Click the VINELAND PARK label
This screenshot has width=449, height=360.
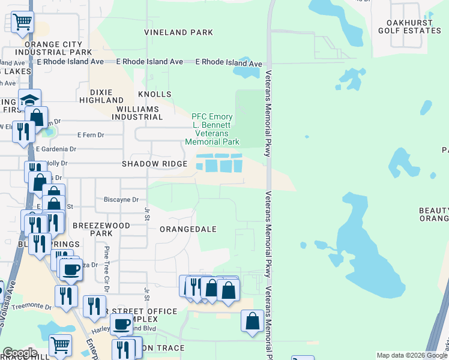(178, 32)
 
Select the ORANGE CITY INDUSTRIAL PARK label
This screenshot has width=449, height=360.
(53, 49)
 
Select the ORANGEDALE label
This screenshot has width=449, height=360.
(188, 229)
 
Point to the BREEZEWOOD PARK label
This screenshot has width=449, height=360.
(92, 229)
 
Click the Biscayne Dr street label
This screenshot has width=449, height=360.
(121, 200)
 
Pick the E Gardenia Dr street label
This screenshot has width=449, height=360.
(56, 149)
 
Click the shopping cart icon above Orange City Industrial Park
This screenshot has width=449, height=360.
(22, 22)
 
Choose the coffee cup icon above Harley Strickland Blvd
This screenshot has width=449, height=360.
(122, 324)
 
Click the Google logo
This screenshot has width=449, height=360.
(19, 353)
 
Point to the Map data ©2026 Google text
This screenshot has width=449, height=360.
(412, 355)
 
